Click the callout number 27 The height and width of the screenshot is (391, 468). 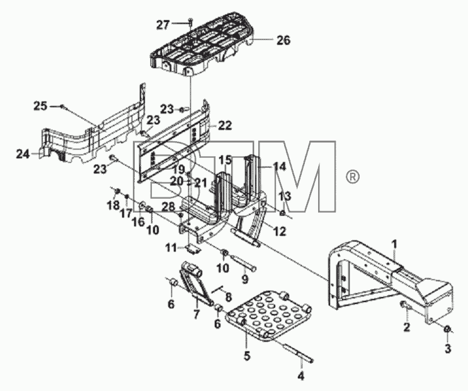(x=163, y=25)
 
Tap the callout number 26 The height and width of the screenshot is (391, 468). (x=283, y=40)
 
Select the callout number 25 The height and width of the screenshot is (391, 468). (x=40, y=106)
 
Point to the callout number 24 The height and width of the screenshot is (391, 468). (x=23, y=155)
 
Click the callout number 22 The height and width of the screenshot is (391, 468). (x=225, y=125)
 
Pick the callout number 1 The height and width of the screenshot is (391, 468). (x=394, y=244)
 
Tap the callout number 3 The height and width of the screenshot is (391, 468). (x=448, y=349)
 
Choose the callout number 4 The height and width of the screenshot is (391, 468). (x=301, y=375)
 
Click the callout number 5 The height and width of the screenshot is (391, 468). (x=247, y=356)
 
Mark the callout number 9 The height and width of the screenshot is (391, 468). (x=245, y=279)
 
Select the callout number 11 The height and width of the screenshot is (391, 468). (x=171, y=248)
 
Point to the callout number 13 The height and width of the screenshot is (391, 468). (x=285, y=196)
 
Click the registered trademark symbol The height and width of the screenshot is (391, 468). (x=353, y=177)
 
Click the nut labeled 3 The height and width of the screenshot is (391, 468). (x=447, y=329)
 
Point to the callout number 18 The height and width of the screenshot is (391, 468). (x=113, y=206)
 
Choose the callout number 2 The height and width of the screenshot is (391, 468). (x=406, y=327)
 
